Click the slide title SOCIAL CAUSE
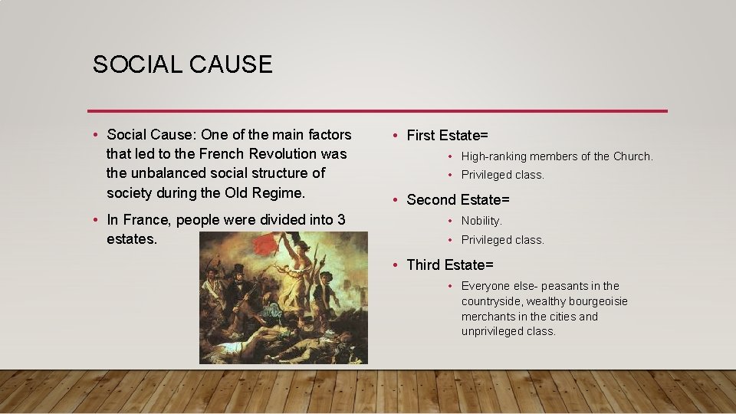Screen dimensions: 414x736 [182, 64]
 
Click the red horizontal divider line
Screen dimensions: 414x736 [377, 111]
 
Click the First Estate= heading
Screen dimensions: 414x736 [447, 136]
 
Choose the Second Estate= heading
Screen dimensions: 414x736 [458, 200]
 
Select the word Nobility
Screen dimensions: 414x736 [481, 221]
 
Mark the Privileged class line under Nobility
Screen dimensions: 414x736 [502, 240]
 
